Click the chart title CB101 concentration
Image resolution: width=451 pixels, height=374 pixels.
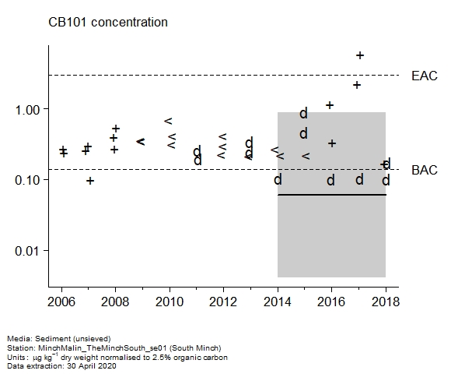(108, 22)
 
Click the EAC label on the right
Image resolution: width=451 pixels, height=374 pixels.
(425, 76)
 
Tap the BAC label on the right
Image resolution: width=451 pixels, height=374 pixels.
(425, 170)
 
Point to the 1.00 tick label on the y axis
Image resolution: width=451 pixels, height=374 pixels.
(26, 110)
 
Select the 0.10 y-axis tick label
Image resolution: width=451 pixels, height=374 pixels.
(26, 180)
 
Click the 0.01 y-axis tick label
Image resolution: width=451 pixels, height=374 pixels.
(26, 251)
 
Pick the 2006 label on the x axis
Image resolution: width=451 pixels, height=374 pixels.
(61, 302)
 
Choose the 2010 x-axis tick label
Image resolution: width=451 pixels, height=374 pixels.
(170, 302)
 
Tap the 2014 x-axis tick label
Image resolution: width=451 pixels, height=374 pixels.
(278, 302)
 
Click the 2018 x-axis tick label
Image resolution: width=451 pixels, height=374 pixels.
(386, 302)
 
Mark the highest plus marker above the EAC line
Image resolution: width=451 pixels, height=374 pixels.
(360, 55)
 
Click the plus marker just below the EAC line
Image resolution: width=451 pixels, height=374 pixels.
(357, 85)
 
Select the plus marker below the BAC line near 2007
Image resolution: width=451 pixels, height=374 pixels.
(90, 181)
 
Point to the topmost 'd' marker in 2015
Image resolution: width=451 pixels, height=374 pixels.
(303, 113)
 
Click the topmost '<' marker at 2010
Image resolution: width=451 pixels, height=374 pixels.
(168, 121)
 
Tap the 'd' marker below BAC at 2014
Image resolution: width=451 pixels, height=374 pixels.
(278, 179)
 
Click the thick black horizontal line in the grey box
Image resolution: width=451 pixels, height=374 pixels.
(331, 195)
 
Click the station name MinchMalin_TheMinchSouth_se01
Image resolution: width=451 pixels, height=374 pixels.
(103, 348)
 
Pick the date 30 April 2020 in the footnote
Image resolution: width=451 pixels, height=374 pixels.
(92, 366)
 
